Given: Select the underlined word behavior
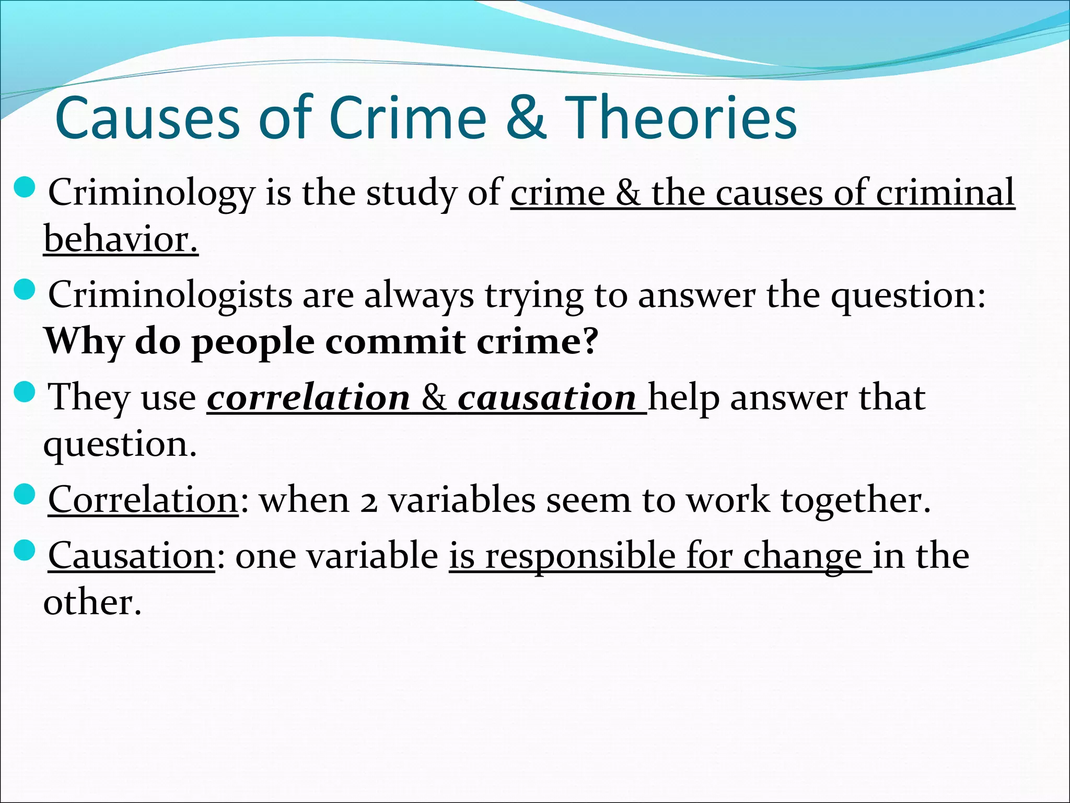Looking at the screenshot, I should coord(121,239).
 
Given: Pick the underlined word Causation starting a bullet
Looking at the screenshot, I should coord(131,556).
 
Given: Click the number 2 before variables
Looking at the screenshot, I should coord(369,502).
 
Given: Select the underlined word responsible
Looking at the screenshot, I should coord(580,556).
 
